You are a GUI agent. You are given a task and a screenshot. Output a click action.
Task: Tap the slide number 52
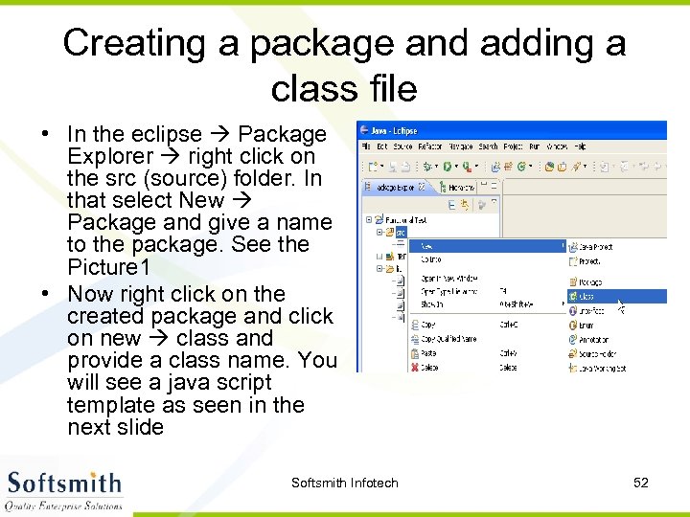tap(641, 483)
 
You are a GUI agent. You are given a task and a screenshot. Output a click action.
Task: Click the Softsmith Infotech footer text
tap(344, 483)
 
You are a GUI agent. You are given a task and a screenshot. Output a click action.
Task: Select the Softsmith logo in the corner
tap(65, 489)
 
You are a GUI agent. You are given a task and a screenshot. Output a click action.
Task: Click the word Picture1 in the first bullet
tap(108, 266)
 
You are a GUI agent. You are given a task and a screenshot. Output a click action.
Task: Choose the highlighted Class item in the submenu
tap(586, 297)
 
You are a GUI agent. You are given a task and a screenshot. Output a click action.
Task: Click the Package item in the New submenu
tap(589, 282)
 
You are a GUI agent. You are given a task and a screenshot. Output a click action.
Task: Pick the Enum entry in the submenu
tap(586, 326)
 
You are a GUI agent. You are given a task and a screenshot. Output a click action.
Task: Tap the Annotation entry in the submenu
tap(594, 339)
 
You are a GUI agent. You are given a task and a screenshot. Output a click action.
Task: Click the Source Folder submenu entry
tap(596, 353)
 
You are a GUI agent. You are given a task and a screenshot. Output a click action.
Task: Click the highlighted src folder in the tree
tap(401, 232)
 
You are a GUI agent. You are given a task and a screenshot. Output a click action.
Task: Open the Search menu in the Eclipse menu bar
tap(488, 146)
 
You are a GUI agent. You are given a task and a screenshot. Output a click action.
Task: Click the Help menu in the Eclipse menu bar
tap(579, 146)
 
